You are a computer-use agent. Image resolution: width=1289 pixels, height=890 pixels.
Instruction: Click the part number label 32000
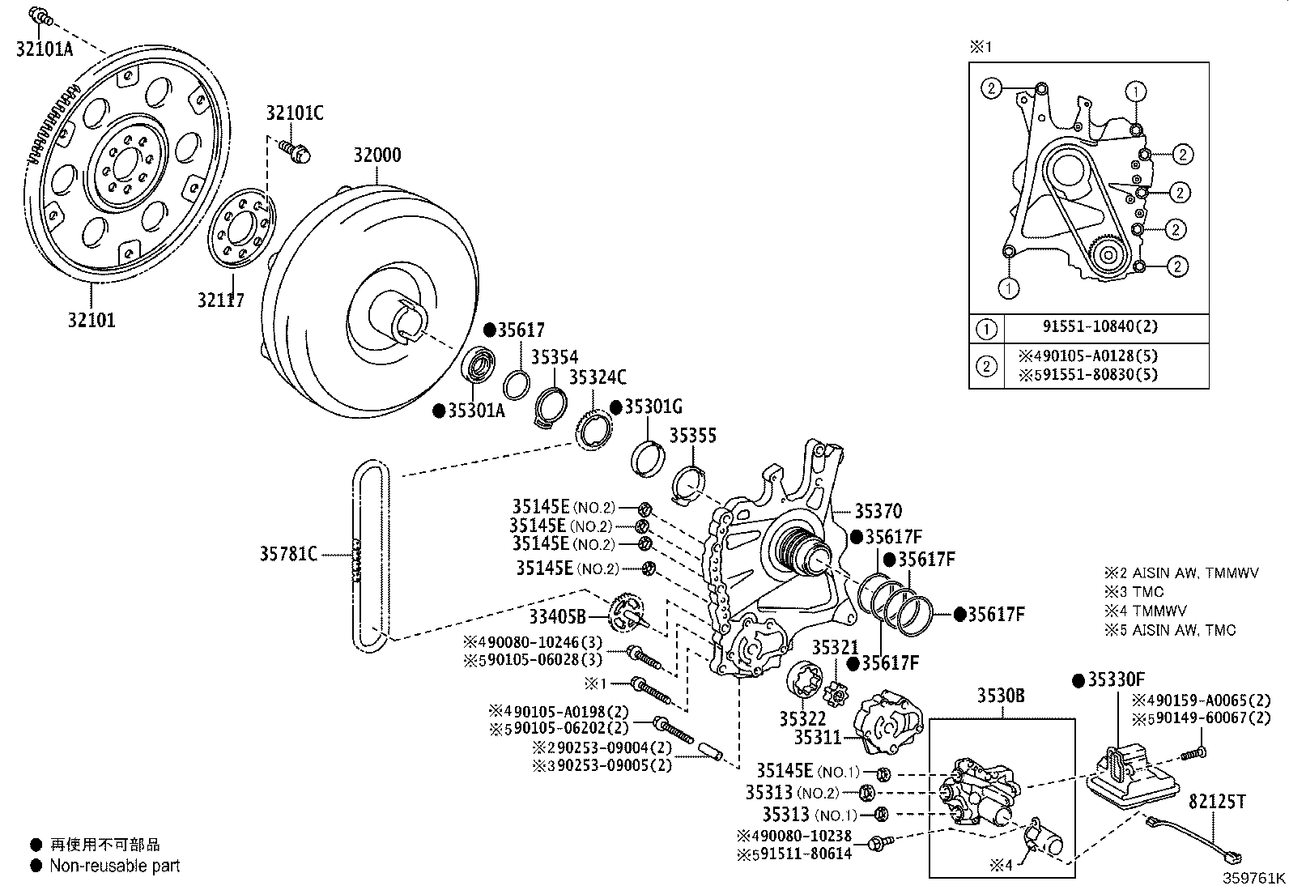coord(377,155)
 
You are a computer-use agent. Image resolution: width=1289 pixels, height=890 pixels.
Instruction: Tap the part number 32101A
coord(45,49)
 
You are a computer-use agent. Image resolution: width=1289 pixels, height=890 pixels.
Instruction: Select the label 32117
coord(221,300)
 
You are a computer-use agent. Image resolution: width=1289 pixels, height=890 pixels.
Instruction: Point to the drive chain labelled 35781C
coord(371,556)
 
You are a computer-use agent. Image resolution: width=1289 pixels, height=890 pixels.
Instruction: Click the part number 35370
coord(878,511)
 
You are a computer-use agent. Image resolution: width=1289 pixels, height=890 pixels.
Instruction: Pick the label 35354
coord(554,357)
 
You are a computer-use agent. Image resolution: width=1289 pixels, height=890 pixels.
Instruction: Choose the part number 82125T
coord(1217,802)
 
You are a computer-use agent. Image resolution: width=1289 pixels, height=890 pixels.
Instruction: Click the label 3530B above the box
coord(1001,696)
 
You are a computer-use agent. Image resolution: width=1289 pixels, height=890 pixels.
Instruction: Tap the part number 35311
coord(818,738)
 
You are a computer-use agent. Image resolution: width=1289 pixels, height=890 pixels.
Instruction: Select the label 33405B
coord(557,616)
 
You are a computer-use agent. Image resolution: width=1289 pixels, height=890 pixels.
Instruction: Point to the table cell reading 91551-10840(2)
coord(1100,326)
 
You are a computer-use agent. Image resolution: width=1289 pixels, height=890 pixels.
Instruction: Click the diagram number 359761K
coord(1253,878)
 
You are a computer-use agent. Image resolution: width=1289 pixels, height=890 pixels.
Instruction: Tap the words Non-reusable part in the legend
coord(114,865)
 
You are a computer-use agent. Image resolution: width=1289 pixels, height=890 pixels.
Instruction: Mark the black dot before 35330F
coord(1078,680)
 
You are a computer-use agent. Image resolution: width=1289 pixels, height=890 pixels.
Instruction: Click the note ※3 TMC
coord(1134,592)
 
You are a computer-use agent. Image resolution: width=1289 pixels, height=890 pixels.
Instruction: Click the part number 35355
coord(693,436)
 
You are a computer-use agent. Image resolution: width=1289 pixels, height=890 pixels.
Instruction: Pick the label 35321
coord(835,647)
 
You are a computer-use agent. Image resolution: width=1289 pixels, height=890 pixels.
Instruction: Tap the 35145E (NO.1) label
coord(808,771)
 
